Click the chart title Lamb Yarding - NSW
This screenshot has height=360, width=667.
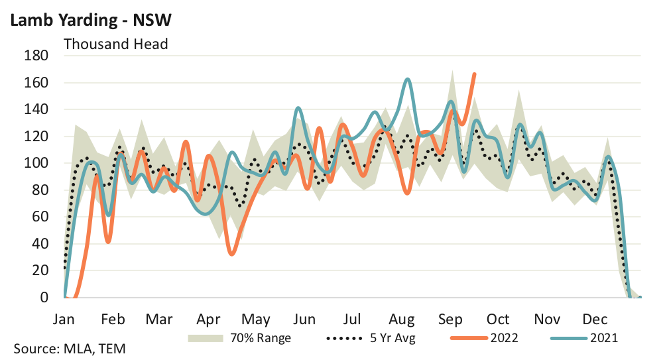(90, 20)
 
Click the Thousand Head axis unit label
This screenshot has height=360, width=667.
(115, 44)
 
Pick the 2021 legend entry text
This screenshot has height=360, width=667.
(605, 338)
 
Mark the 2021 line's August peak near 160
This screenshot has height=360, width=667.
(407, 80)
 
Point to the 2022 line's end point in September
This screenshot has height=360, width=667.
(474, 74)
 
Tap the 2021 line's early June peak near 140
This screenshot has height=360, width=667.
(298, 107)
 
